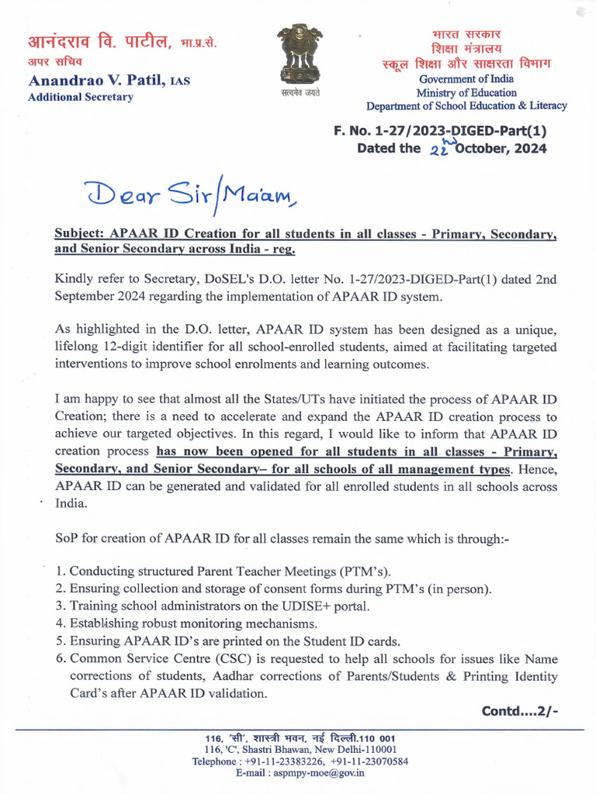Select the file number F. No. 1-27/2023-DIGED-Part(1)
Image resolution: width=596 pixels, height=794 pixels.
pos(440,131)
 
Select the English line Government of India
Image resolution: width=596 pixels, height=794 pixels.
pos(466,79)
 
